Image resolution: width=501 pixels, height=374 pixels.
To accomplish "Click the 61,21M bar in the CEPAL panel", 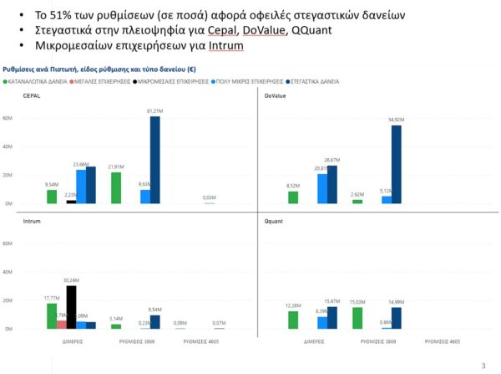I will pyautogui.click(x=155, y=160).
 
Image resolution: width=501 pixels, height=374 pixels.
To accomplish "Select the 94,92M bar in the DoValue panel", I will pyautogui.click(x=397, y=164).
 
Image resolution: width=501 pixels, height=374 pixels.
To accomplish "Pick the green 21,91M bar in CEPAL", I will pyautogui.click(x=116, y=187).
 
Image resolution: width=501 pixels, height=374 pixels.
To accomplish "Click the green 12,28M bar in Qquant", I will pyautogui.click(x=293, y=320).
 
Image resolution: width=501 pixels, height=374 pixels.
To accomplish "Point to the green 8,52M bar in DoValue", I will pyautogui.click(x=293, y=197).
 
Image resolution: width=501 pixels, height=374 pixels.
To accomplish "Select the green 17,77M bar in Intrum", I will pyautogui.click(x=52, y=316).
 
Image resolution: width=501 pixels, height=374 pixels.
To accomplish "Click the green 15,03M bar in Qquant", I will pyautogui.click(x=357, y=318).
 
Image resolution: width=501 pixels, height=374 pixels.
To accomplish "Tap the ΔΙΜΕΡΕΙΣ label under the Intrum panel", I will pyautogui.click(x=72, y=342).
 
